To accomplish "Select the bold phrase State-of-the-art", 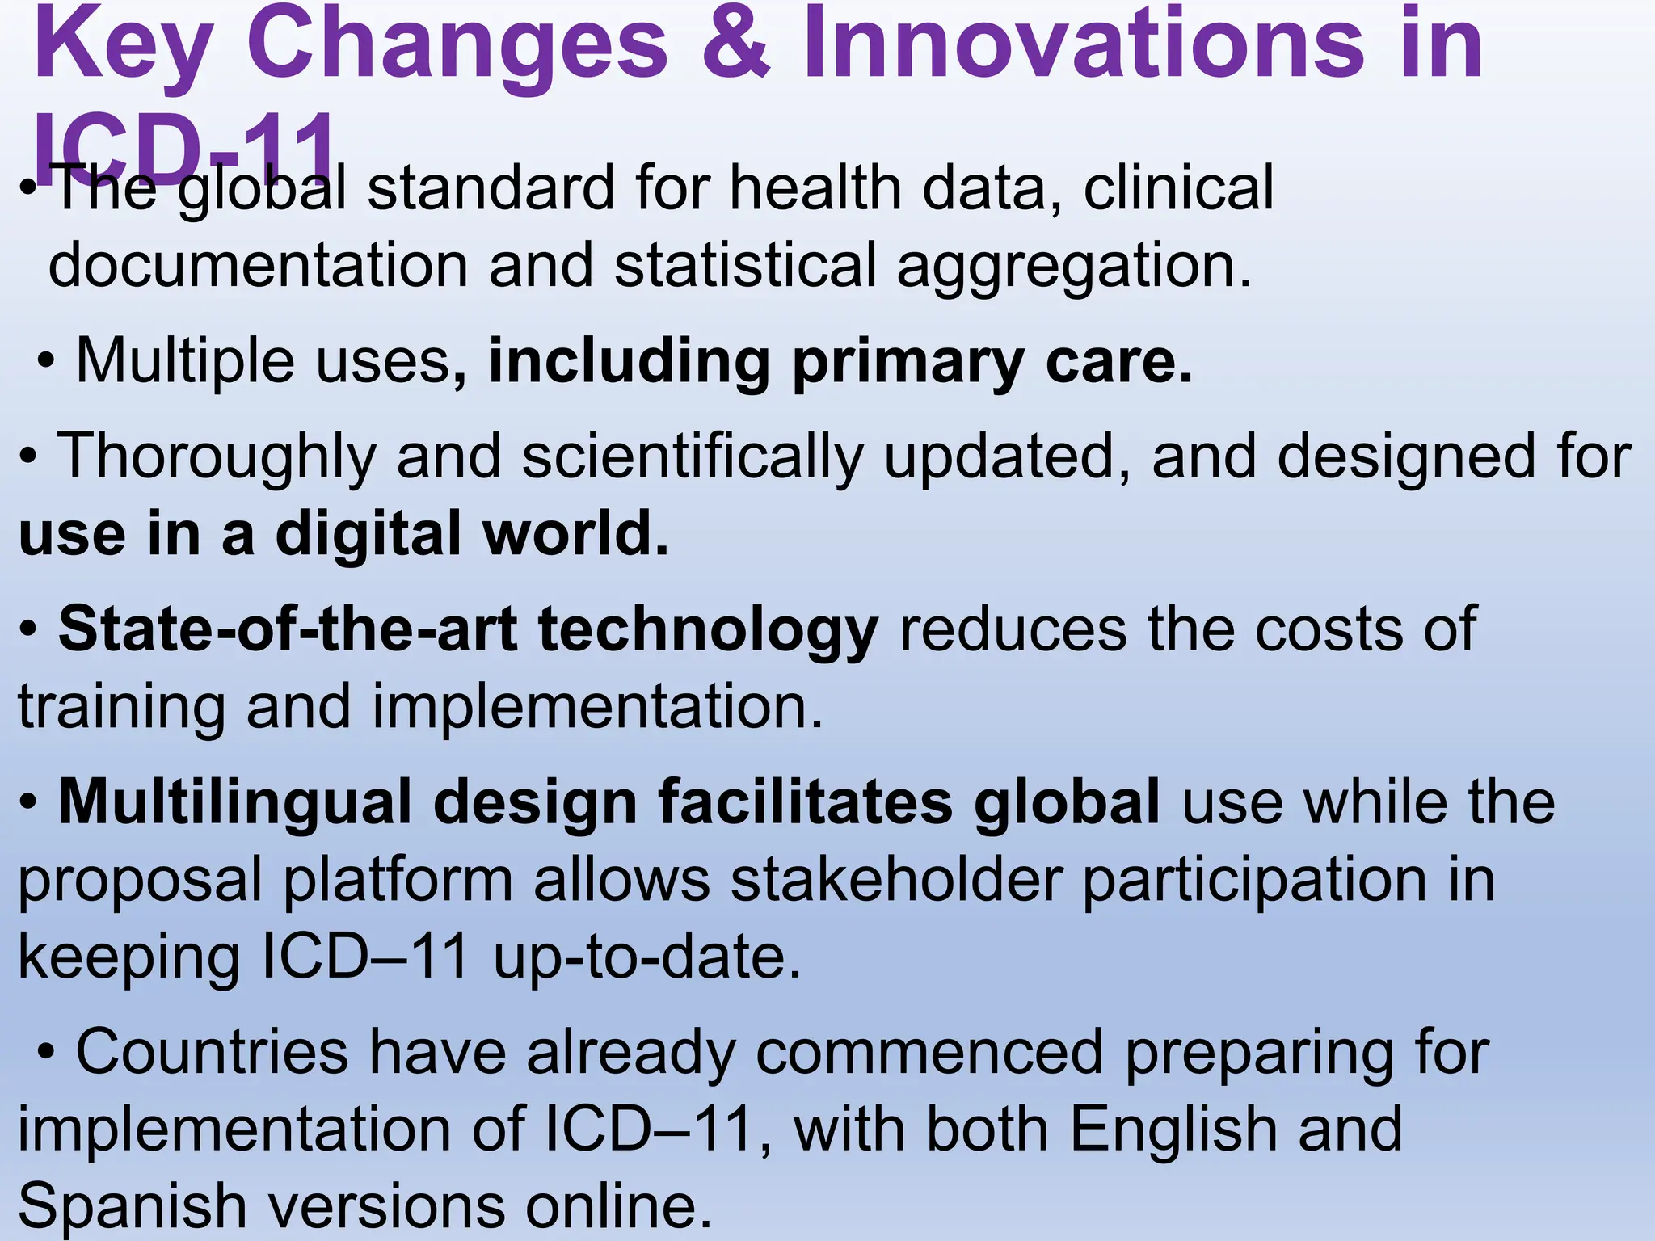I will click(x=288, y=629).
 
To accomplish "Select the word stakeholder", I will click(x=896, y=880).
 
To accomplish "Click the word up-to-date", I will click(x=647, y=958).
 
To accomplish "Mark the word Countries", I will click(x=213, y=1053).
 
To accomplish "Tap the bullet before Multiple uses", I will click(x=46, y=361).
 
